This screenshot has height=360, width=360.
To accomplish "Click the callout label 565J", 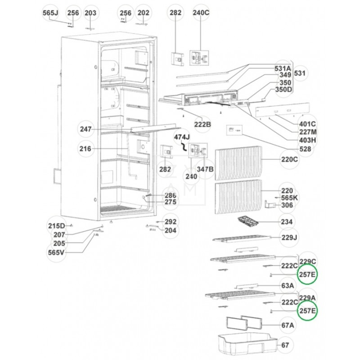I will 51,13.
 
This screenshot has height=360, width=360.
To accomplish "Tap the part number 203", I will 90,13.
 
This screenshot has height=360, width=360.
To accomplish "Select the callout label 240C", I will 201,13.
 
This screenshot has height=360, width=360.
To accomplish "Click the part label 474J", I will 182,137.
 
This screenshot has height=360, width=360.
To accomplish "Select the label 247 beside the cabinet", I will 86,130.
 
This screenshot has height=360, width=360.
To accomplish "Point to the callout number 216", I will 85,149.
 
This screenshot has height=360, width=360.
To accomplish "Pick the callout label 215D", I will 57,225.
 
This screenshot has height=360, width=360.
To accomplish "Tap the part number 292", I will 170,222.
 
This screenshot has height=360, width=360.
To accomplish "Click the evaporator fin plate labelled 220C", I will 238,162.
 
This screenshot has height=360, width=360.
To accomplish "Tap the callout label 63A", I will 288,285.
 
